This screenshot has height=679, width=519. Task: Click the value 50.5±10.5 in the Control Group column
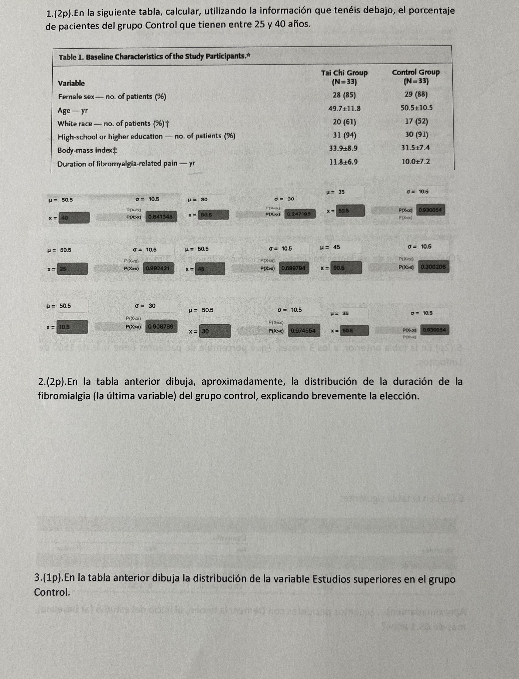point(416,108)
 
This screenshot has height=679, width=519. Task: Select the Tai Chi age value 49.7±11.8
point(344,109)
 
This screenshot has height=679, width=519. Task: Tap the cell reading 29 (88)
point(416,94)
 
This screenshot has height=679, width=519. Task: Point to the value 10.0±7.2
point(415,161)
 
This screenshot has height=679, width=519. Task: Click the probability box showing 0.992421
point(158,268)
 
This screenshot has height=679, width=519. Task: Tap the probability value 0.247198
point(299,214)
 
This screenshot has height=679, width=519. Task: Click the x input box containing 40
point(74,218)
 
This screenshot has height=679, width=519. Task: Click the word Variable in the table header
point(71,83)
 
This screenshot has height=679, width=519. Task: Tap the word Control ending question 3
point(52,592)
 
